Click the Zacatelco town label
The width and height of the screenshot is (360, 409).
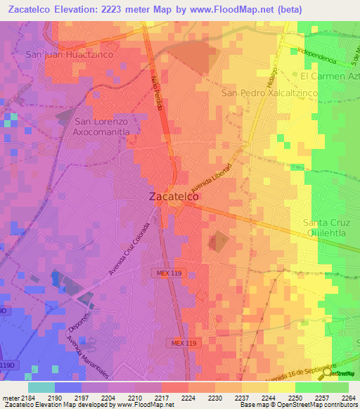(x=174, y=197)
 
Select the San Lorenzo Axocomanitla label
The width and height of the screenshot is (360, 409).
(x=106, y=126)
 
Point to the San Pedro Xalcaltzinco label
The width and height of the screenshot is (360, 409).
(x=269, y=93)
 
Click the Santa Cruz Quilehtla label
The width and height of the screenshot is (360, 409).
(x=330, y=228)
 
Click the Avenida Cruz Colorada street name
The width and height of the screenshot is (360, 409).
(x=129, y=249)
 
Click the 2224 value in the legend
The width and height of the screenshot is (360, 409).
(x=188, y=398)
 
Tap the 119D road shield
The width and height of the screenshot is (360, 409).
(x=6, y=365)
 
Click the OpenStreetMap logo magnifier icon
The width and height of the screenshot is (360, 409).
(x=324, y=375)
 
